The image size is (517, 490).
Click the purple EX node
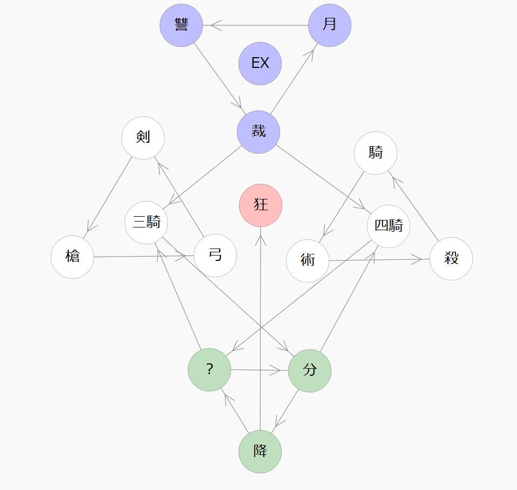point(260,64)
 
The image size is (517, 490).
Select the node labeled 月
point(330,25)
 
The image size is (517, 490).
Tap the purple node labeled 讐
point(181,25)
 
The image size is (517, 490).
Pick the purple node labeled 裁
point(258,132)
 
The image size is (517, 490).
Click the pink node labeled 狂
point(261,205)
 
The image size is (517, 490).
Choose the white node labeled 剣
point(143,137)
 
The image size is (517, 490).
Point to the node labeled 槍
point(72,257)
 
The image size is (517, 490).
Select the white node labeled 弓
point(215,256)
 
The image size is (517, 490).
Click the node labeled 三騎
point(146,222)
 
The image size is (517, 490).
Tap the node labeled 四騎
point(389,226)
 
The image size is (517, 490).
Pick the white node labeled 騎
point(376,153)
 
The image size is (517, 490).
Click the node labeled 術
point(308,261)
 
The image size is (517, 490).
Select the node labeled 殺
point(451,259)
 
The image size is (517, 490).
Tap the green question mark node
point(209,370)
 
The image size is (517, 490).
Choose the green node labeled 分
point(310,370)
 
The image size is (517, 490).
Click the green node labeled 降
point(260,451)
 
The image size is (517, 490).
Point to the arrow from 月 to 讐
point(256,25)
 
